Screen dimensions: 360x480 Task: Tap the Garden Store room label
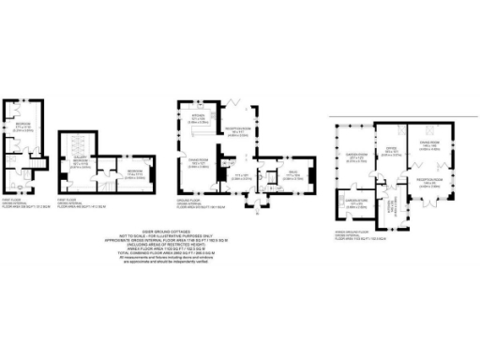352,201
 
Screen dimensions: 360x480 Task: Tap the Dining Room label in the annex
431,147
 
